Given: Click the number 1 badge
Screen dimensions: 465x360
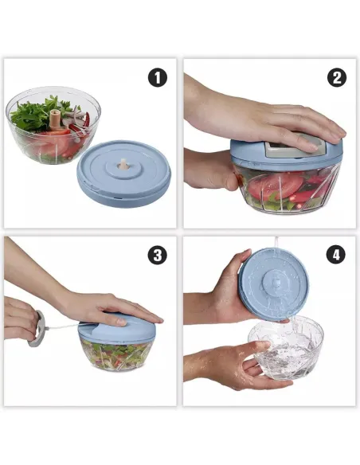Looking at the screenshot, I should (x=158, y=77).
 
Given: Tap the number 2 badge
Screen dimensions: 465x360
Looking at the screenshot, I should (x=337, y=77).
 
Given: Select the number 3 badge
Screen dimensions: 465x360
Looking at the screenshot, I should (x=158, y=255).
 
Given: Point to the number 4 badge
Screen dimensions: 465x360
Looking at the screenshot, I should (x=337, y=255).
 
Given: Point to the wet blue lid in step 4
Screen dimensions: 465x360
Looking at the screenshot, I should (x=275, y=283).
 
